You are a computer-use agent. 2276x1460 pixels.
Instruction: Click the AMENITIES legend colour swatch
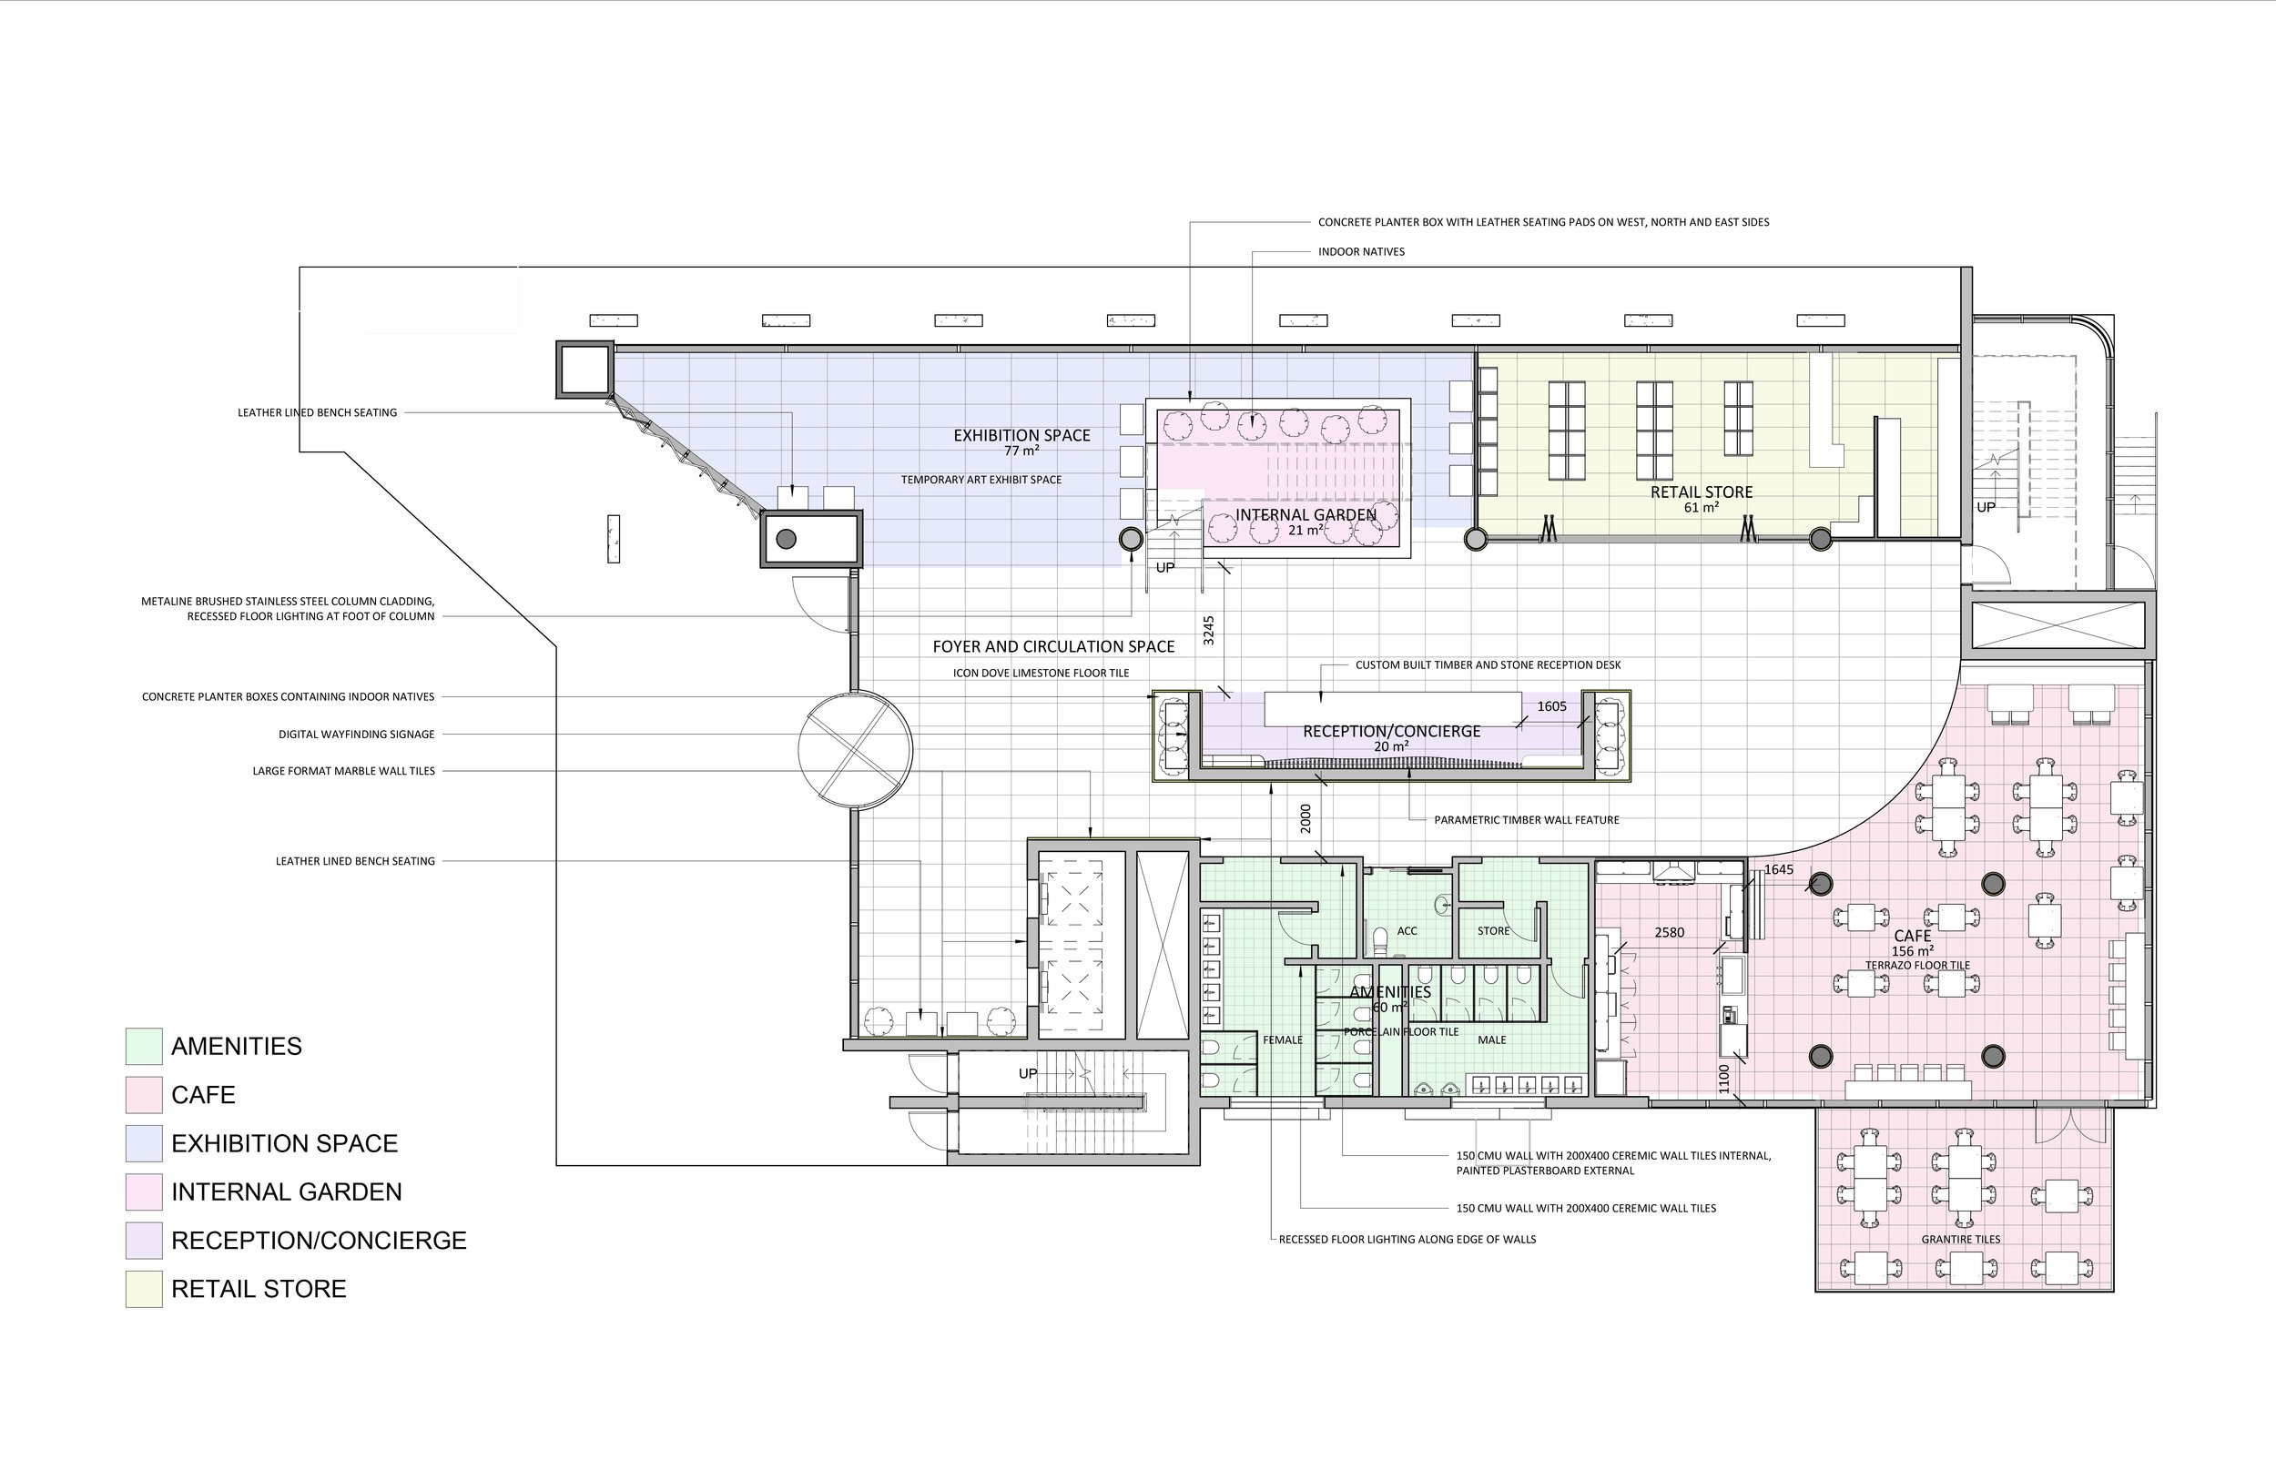point(144,1046)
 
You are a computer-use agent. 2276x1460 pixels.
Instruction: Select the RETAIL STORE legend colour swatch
point(144,1288)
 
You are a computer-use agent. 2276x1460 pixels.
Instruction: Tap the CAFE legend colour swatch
point(144,1094)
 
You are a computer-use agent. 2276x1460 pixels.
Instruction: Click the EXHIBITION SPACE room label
point(1021,435)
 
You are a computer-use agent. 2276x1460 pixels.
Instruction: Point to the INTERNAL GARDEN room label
point(1306,515)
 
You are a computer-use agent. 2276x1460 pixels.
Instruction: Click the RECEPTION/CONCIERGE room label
point(1392,731)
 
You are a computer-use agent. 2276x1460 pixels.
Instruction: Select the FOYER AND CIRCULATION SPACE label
point(1053,646)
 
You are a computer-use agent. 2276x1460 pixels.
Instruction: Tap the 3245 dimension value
point(1209,631)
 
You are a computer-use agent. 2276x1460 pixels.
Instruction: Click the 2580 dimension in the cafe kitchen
point(1670,932)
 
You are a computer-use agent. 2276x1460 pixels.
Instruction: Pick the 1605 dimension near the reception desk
point(1551,706)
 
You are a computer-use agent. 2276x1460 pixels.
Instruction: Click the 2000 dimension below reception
point(1306,818)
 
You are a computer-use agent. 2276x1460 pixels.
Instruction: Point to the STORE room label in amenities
point(1493,931)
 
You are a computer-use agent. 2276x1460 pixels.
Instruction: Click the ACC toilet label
point(1407,931)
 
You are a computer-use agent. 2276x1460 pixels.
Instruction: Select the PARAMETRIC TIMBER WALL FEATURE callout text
point(1526,820)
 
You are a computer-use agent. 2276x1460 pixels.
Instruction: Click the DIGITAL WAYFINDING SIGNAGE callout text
point(357,735)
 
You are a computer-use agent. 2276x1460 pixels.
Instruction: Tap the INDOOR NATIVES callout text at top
point(1361,252)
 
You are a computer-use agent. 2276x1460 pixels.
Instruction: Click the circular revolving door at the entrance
point(855,750)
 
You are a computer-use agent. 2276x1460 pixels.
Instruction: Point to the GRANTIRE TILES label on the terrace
point(1960,1239)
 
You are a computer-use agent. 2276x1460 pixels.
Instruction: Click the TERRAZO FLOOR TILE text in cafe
point(1917,965)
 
